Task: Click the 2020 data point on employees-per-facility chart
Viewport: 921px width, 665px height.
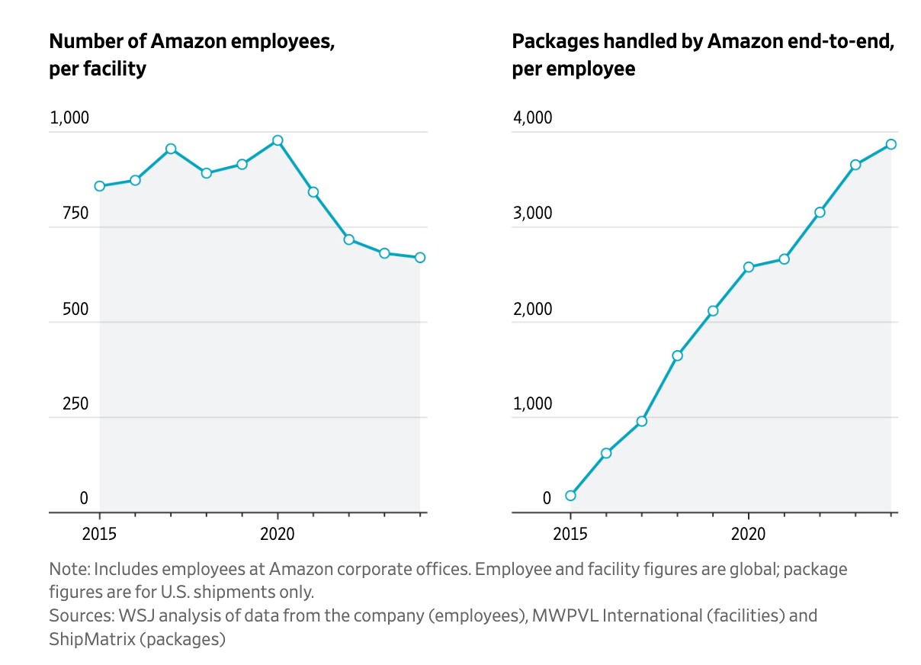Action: (278, 140)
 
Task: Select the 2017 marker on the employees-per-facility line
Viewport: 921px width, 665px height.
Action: (171, 149)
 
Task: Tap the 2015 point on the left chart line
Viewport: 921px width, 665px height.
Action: (100, 186)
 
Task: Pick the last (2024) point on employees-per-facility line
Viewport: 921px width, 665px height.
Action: (420, 258)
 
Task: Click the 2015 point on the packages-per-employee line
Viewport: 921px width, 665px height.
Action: (570, 496)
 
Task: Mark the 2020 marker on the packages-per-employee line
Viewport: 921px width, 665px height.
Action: (749, 267)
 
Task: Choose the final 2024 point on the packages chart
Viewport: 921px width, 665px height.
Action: (891, 144)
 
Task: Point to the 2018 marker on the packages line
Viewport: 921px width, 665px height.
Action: (677, 355)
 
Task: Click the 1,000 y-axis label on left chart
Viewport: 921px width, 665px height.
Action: (69, 118)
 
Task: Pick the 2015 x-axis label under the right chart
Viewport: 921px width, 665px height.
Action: (570, 534)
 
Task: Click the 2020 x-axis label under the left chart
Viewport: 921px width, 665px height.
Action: (278, 534)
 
